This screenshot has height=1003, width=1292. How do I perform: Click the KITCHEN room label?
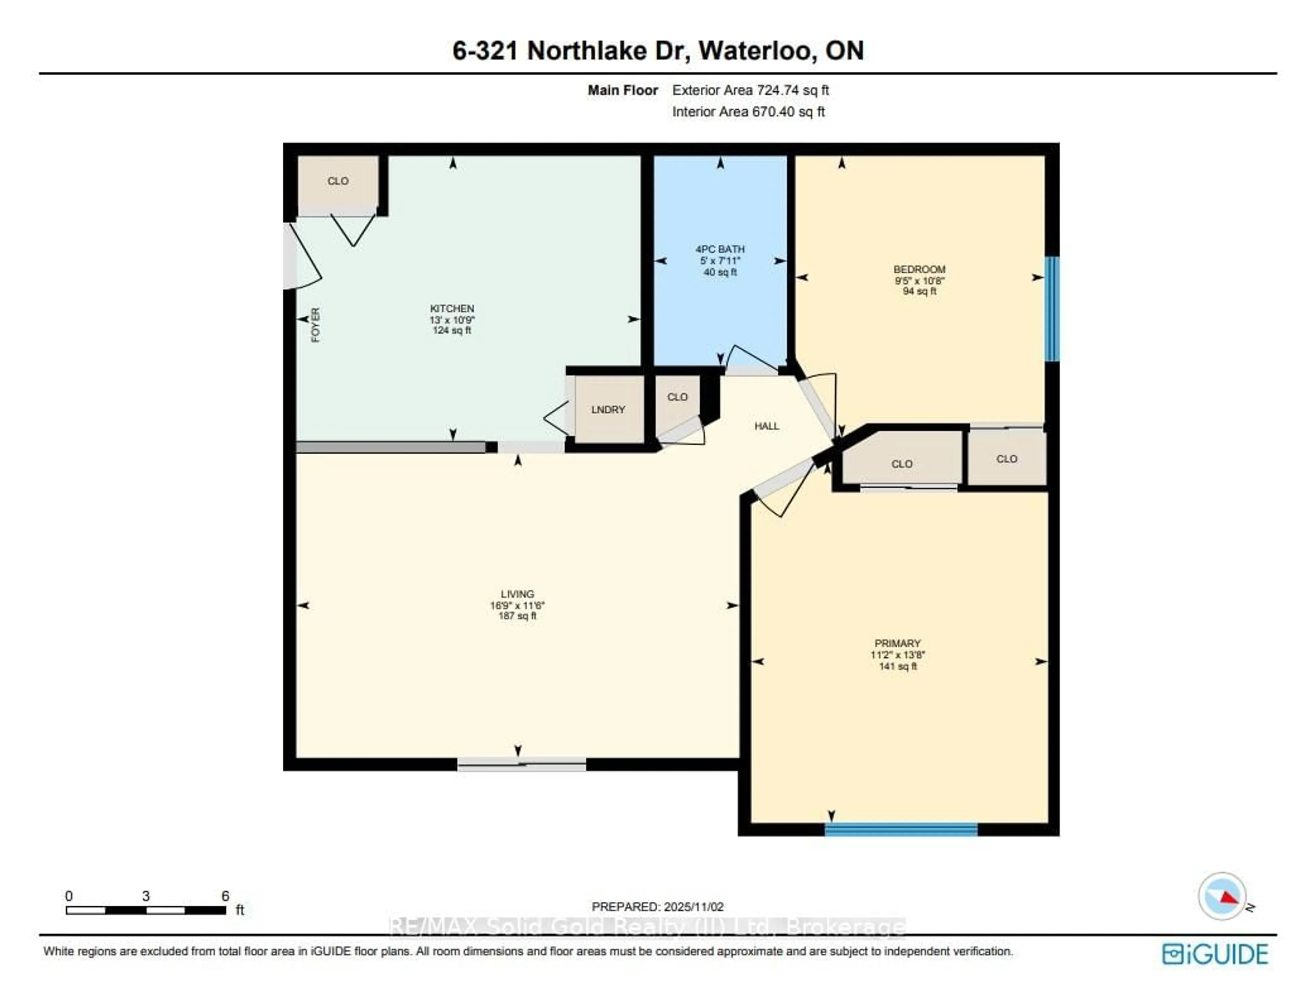pos(452,308)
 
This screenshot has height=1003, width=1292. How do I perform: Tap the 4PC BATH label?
pos(720,249)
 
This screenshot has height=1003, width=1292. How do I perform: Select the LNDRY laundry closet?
pos(608,410)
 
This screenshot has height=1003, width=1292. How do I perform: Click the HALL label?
pos(767,426)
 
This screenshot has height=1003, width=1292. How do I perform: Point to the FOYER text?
pos(315,325)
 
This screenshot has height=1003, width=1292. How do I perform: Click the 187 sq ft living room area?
pos(517,616)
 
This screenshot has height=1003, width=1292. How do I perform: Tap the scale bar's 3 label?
pos(146,896)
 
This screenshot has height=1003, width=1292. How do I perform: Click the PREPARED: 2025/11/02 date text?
pos(657,906)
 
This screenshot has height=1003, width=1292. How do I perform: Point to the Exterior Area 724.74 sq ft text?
pos(750,90)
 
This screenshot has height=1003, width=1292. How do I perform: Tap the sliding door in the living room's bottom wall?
pos(522,764)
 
